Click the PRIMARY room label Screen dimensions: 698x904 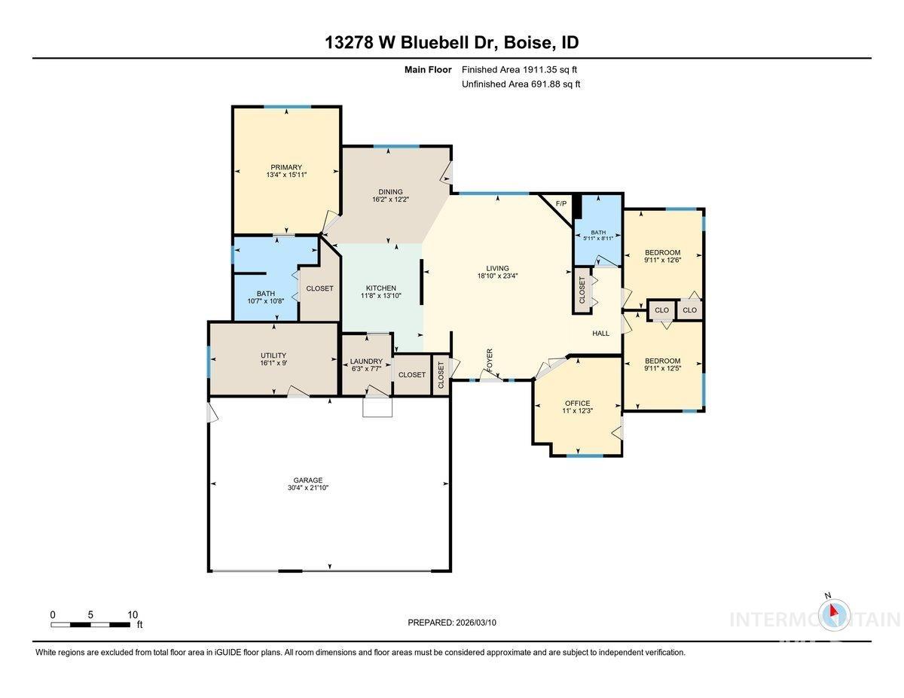286,167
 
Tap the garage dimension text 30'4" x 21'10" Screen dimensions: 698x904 307,488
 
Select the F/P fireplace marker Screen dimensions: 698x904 560,204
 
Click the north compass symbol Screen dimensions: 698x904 832,614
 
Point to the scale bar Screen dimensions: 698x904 90,624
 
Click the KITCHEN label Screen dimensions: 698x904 381,288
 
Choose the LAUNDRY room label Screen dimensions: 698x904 366,361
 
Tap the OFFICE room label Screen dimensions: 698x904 577,403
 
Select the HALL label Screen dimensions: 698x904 600,334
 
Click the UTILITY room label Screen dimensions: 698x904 273,355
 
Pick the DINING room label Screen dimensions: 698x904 390,192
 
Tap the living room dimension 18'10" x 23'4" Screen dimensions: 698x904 497,276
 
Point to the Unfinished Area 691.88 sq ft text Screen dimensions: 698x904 521,84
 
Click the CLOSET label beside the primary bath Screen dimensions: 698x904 319,288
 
